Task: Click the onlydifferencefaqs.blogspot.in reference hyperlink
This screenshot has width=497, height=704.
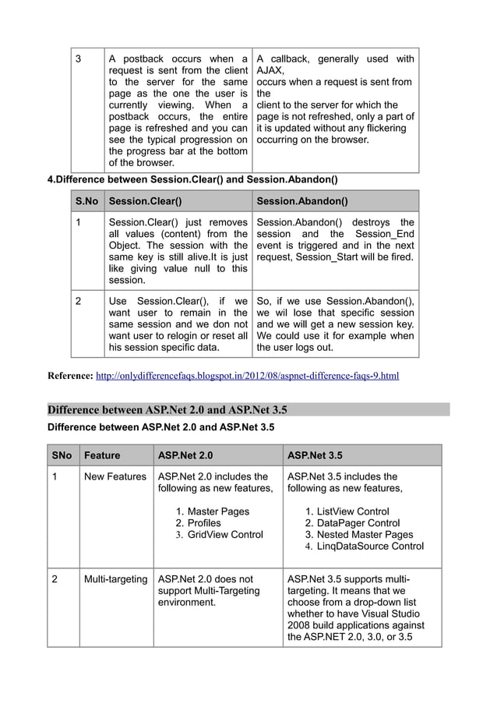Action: [x=247, y=377]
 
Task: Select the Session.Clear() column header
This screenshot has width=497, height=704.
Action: [x=146, y=201]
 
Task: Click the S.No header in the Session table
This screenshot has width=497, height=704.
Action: [x=86, y=201]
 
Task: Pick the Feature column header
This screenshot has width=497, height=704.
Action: [x=102, y=455]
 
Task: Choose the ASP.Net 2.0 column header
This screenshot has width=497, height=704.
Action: [x=185, y=455]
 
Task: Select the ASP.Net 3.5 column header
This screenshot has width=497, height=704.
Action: [x=315, y=455]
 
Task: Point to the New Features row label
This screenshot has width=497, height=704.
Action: [x=115, y=476]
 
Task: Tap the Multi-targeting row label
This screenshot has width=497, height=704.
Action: [x=115, y=579]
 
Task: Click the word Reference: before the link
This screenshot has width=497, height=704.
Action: [x=70, y=377]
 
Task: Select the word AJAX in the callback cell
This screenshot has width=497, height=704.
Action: [x=269, y=70]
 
